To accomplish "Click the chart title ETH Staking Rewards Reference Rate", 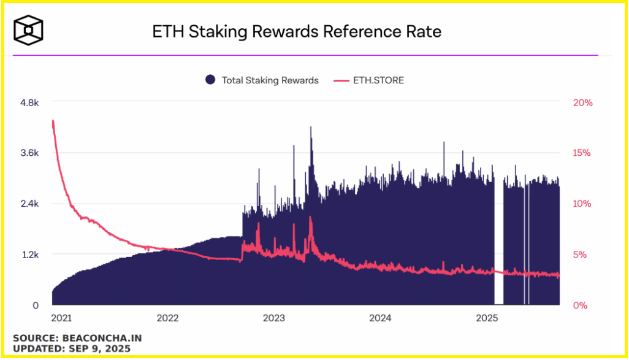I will coord(297,32).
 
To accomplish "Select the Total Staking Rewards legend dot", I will coord(210,80).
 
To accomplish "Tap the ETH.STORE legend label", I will coord(378,80).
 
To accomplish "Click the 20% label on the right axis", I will coord(582,103).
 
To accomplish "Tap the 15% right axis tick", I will coord(582,153).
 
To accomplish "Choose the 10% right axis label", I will coord(582,204).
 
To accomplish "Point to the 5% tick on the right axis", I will coord(582,255).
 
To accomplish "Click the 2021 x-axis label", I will coord(61,318).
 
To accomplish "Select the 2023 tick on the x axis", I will coord(274,318).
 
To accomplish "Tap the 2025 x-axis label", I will coord(487,318).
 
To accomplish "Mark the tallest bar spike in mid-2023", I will coord(311,129).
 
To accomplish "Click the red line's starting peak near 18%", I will coord(53,121).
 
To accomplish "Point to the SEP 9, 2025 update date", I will coord(99,349).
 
